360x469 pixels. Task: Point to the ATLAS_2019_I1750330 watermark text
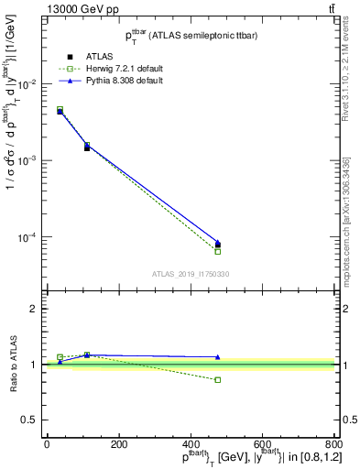190,274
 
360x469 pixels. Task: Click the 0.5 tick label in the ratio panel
30,420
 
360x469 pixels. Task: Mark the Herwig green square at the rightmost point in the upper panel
217,251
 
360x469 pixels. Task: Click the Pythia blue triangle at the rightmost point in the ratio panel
217,357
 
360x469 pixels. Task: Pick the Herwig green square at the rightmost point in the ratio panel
217,379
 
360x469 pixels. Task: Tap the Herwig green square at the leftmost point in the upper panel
60,109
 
